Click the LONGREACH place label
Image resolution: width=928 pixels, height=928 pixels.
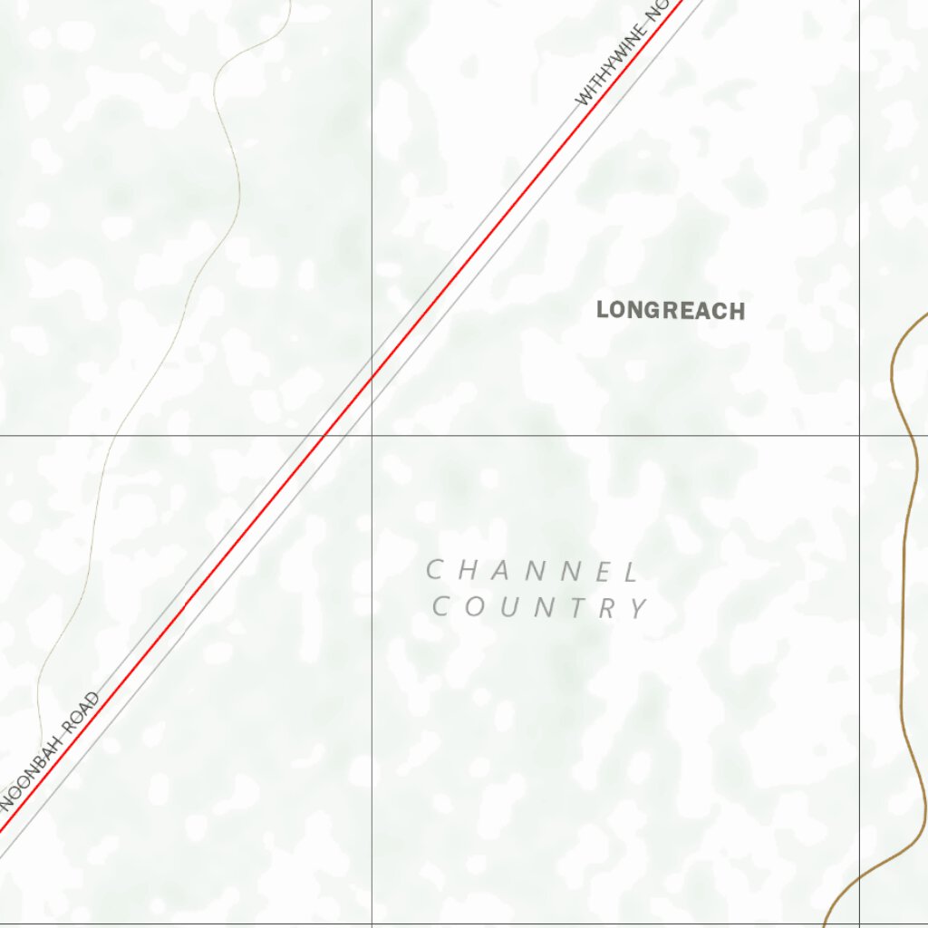coord(671,311)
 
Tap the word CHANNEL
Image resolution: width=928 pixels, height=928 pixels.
coord(533,571)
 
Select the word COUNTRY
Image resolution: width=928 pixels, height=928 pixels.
coord(540,607)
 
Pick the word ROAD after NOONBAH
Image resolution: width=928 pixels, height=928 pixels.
coord(79,716)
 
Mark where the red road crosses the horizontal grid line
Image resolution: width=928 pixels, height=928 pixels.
coord(324,436)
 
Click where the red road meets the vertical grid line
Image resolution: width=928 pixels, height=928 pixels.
coord(372,381)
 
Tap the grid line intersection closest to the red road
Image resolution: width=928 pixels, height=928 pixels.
coord(372,436)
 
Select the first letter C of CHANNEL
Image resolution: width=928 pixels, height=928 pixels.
coord(434,570)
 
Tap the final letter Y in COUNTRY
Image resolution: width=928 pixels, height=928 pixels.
coord(640,608)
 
